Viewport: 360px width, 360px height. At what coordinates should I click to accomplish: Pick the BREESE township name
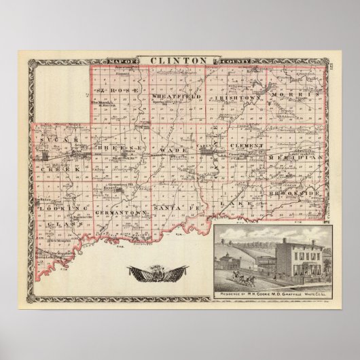click(x=120, y=147)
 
